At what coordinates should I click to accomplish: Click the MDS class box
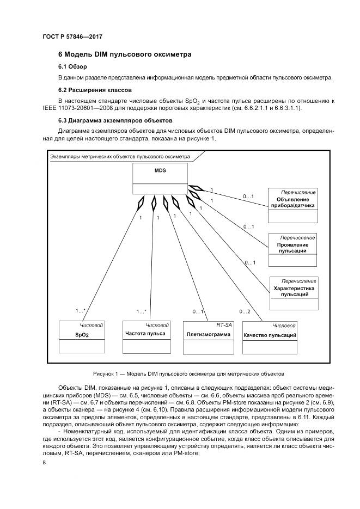(x=160, y=180)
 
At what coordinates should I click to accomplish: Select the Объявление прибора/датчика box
(x=292, y=206)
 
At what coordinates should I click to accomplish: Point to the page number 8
(x=44, y=463)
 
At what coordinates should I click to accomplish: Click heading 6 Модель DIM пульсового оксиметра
(x=124, y=55)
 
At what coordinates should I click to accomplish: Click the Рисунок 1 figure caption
(x=189, y=374)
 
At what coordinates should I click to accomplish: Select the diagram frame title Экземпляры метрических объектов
(x=120, y=156)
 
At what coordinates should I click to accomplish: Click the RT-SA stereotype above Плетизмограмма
(x=224, y=324)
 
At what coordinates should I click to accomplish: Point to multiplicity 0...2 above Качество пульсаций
(x=245, y=311)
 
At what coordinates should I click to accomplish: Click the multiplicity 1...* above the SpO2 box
(x=80, y=311)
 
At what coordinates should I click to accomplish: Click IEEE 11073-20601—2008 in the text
(x=90, y=108)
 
